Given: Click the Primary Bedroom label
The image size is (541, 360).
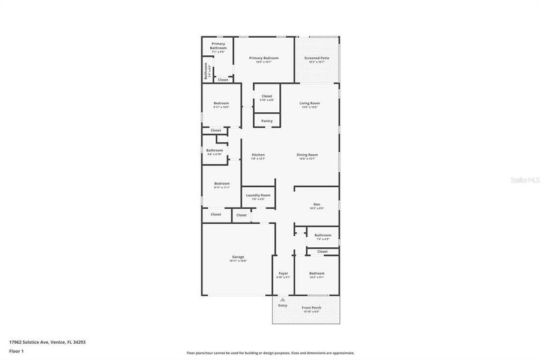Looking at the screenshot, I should click(264, 58).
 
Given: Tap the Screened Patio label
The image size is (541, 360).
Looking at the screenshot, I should click(316, 58).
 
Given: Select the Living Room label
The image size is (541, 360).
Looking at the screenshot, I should click(310, 103).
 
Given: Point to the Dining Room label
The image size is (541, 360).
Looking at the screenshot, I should click(307, 155).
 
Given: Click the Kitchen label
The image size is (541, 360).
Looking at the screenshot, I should click(258, 155).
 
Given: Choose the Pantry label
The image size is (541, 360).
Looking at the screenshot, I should click(267, 121).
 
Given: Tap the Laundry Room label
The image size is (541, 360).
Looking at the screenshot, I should click(258, 195).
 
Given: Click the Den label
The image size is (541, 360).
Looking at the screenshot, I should click(316, 205).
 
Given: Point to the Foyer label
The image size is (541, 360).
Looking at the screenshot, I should click(283, 273).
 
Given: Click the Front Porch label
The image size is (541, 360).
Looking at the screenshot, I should click(311, 308).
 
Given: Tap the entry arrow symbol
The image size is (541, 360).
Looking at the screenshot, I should click(283, 298).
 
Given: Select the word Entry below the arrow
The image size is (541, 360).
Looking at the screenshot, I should click(283, 305).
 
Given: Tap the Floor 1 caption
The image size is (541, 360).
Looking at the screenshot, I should click(16, 351).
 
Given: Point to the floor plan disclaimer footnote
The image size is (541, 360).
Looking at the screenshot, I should click(270, 353).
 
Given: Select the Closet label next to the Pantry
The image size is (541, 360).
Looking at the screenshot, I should click(267, 96).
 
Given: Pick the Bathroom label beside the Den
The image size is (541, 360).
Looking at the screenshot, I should click(322, 235).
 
